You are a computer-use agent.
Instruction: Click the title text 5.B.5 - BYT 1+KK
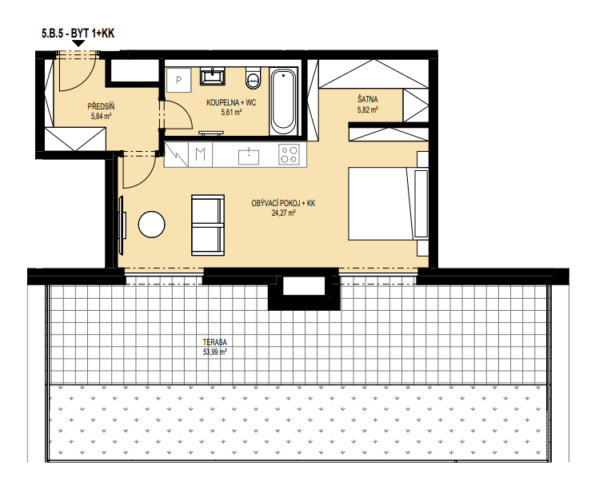[x=78, y=34]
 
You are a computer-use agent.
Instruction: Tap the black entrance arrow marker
[x=78, y=43]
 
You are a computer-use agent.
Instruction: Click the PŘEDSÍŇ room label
[x=101, y=106]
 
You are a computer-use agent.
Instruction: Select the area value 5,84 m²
[x=101, y=117]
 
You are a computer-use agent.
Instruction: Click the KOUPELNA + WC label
[x=231, y=102]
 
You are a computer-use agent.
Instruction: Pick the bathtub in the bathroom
[x=283, y=101]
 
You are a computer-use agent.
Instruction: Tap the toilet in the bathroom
[x=253, y=78]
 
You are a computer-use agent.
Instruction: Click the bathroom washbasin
[x=213, y=76]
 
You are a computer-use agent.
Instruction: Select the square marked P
[x=178, y=80]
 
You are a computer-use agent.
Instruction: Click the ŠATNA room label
[x=367, y=99]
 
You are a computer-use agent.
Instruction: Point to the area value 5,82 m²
[x=367, y=110]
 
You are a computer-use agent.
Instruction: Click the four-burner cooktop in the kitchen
[x=289, y=154]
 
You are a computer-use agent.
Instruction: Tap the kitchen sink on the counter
[x=249, y=157]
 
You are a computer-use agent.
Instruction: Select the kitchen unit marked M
[x=201, y=154]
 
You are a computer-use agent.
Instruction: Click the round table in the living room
[x=152, y=225]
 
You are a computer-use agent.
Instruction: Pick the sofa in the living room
[x=208, y=225]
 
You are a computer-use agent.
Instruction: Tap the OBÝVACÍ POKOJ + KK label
[x=283, y=203]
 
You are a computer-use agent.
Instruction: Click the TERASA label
[x=215, y=343]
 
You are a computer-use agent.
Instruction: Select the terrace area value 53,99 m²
[x=215, y=352]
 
